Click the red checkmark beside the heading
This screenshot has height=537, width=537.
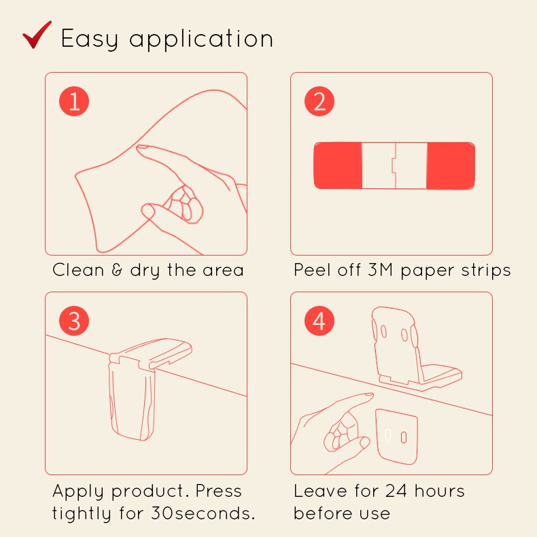pyautogui.click(x=37, y=35)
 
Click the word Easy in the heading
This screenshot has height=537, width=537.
pyautogui.click(x=90, y=39)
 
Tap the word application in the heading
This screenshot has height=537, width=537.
pyautogui.click(x=201, y=39)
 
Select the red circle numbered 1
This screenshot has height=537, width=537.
pyautogui.click(x=74, y=101)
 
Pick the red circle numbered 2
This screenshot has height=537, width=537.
pyautogui.click(x=319, y=101)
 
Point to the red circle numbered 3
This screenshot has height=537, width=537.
pyautogui.click(x=74, y=321)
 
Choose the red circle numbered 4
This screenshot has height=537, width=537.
pyautogui.click(x=319, y=321)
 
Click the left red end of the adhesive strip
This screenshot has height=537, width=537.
pyautogui.click(x=338, y=165)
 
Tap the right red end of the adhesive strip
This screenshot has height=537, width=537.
pyautogui.click(x=451, y=165)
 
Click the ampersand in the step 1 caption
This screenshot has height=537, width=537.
pyautogui.click(x=117, y=270)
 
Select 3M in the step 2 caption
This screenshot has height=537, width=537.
pyautogui.click(x=380, y=270)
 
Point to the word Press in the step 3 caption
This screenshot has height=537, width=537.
pyautogui.click(x=218, y=491)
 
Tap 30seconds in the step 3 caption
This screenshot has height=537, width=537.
pyautogui.click(x=203, y=513)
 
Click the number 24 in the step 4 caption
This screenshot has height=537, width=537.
pyautogui.click(x=396, y=491)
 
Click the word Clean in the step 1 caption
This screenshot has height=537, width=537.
pyautogui.click(x=78, y=270)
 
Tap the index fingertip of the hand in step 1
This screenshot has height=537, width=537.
pyautogui.click(x=141, y=148)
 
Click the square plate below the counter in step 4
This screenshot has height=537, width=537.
pyautogui.click(x=396, y=436)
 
